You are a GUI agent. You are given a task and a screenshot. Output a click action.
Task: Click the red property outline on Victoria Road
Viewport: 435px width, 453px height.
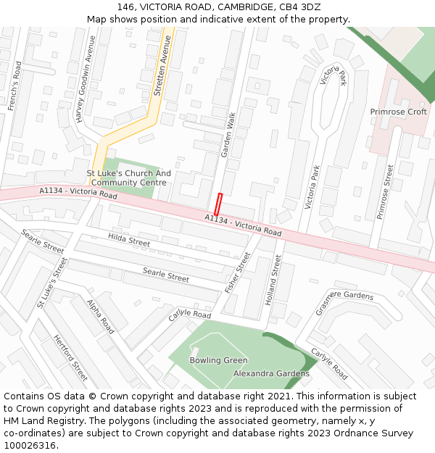[218, 204]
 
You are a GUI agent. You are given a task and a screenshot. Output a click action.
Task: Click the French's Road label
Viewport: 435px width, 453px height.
[15, 86]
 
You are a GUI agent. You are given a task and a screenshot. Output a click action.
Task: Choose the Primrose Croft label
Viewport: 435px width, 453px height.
[398, 112]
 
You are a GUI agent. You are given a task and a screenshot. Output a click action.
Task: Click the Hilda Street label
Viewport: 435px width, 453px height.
[129, 240]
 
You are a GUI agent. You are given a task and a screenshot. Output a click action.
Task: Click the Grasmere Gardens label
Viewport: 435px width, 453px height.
[344, 303]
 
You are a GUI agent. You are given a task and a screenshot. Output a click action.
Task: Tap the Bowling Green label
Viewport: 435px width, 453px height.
[218, 360]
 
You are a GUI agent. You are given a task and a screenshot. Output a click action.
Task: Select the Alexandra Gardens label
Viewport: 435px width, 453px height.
[271, 373]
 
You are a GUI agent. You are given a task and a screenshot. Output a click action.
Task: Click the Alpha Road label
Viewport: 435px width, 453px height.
[101, 317]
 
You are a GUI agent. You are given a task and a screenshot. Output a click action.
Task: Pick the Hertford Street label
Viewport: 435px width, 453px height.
[70, 357]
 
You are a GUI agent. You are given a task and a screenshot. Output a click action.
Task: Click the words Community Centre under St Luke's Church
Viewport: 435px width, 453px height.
[128, 183]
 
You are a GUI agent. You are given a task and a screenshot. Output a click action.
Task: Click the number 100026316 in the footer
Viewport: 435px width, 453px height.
[29, 446]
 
